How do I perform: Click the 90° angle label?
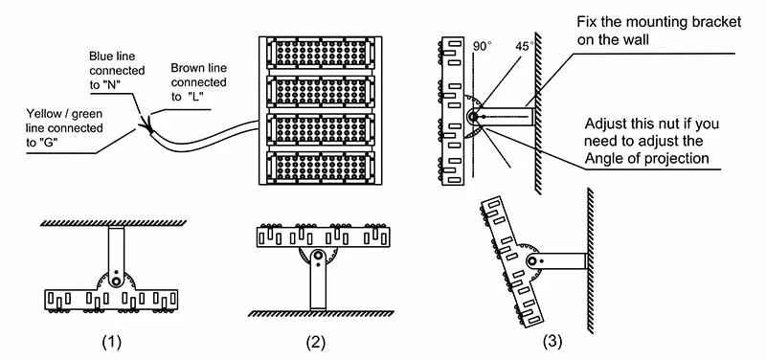pyautogui.click(x=482, y=46)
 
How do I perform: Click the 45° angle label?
pyautogui.click(x=524, y=46)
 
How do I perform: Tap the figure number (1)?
pyautogui.click(x=111, y=343)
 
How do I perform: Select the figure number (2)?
pyautogui.click(x=316, y=343)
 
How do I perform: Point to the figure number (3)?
pyautogui.click(x=552, y=342)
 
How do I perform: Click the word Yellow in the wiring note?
pyautogui.click(x=43, y=114)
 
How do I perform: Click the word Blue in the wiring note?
pyautogui.click(x=101, y=56)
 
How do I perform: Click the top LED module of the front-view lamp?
pyautogui.click(x=321, y=53)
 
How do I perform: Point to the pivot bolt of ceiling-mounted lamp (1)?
pyautogui.click(x=116, y=281)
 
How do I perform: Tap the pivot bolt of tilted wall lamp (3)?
pyautogui.click(x=532, y=260)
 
